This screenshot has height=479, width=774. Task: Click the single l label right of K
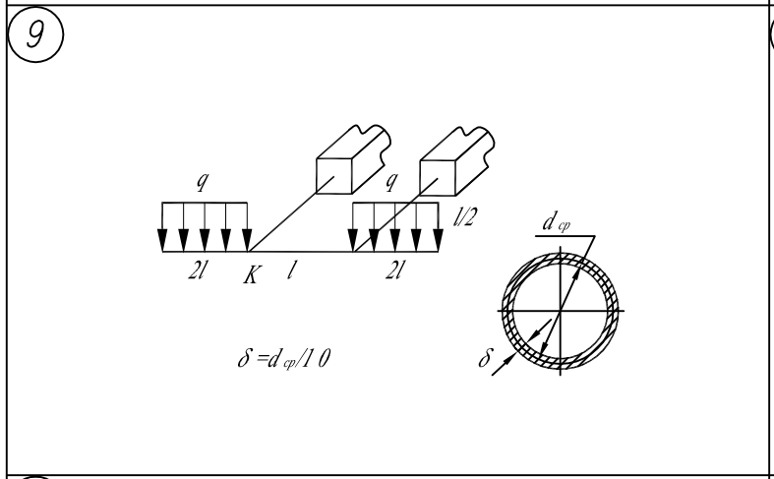point(292,269)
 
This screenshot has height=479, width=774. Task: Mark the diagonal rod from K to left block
point(285,217)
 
